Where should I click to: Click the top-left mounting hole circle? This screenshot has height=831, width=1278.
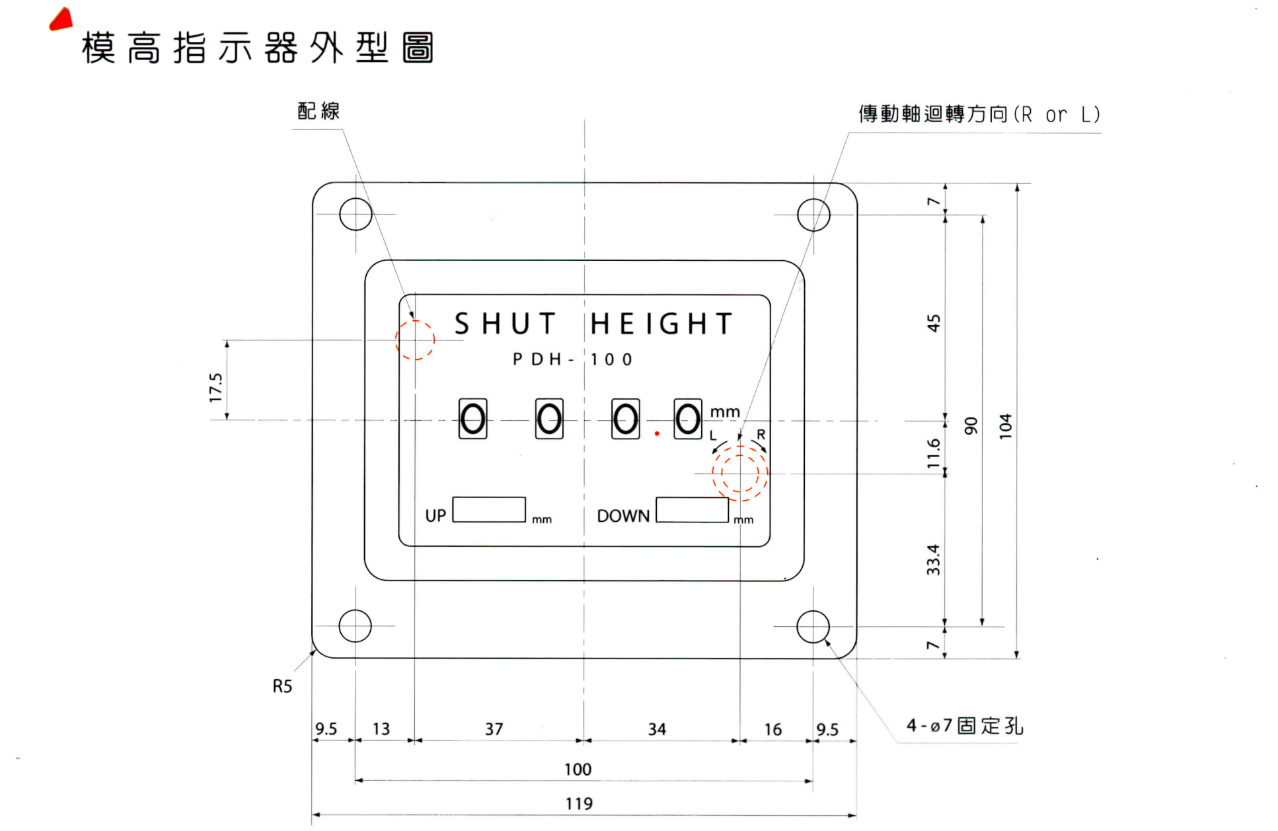356,214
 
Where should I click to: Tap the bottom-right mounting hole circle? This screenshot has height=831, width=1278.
813,626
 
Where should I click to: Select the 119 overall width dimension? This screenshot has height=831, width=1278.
579,803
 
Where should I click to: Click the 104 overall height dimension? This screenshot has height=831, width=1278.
1005,426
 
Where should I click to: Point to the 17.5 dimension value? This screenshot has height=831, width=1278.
216,387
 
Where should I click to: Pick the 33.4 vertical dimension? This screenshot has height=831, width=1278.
932,560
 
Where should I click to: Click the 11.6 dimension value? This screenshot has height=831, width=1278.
932,453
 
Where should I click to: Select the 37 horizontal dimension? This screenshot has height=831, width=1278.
494,729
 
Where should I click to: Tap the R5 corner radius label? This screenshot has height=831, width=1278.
282,686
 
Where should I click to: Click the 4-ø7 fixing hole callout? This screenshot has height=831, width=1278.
964,726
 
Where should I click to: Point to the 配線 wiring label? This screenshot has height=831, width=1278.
319,111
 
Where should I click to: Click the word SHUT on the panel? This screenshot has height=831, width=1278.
505,324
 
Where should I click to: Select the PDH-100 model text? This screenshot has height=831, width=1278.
572,359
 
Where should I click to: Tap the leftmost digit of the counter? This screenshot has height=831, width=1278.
472,419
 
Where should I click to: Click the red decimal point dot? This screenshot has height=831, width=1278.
657,433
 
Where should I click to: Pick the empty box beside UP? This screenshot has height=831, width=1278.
489,509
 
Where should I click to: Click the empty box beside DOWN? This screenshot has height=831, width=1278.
692,509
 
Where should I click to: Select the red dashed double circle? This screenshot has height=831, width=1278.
740,473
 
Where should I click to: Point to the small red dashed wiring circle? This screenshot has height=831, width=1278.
415,340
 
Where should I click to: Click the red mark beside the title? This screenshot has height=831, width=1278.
61,20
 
